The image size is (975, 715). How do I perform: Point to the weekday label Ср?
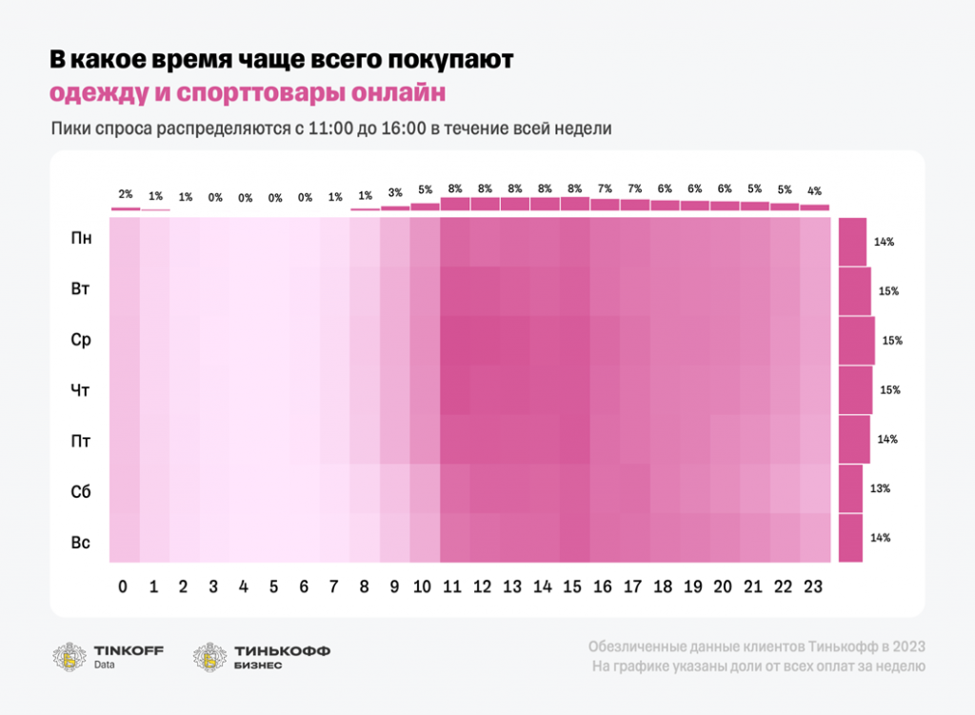(x=81, y=340)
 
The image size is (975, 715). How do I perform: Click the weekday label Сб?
(x=81, y=492)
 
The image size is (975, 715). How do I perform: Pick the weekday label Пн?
(x=81, y=238)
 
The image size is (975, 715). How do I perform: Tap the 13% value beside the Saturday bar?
(x=880, y=488)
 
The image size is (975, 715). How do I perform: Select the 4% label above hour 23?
(x=814, y=190)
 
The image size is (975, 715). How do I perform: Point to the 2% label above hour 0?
(x=125, y=194)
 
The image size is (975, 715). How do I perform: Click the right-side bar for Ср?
(x=856, y=340)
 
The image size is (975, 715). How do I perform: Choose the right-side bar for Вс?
(x=850, y=538)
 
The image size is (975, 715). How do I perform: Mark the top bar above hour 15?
(x=574, y=203)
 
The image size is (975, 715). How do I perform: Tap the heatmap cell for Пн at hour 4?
(x=245, y=242)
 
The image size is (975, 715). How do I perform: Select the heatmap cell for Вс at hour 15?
(x=574, y=538)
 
